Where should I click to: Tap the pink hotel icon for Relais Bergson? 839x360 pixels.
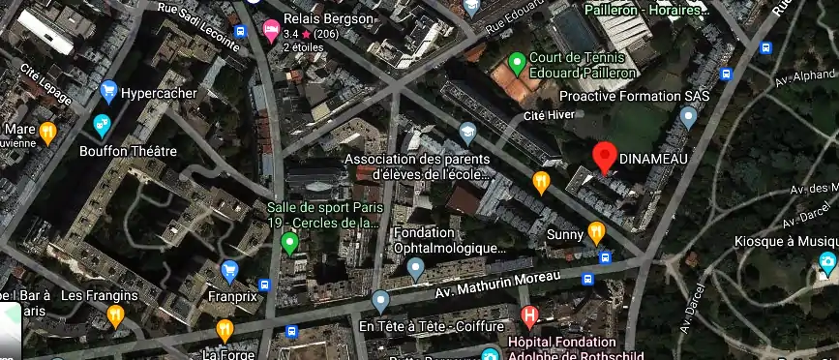(271, 28)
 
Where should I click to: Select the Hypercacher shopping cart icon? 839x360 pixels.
(108, 93)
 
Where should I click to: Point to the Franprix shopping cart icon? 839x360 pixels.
(229, 271)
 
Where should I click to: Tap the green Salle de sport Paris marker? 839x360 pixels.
(288, 242)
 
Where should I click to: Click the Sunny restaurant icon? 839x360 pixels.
(596, 233)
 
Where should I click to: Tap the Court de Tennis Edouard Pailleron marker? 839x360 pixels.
(517, 64)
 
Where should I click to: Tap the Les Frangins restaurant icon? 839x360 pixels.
(116, 315)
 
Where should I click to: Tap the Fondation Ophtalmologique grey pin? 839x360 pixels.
(416, 268)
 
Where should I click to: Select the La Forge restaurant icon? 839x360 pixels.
(225, 330)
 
